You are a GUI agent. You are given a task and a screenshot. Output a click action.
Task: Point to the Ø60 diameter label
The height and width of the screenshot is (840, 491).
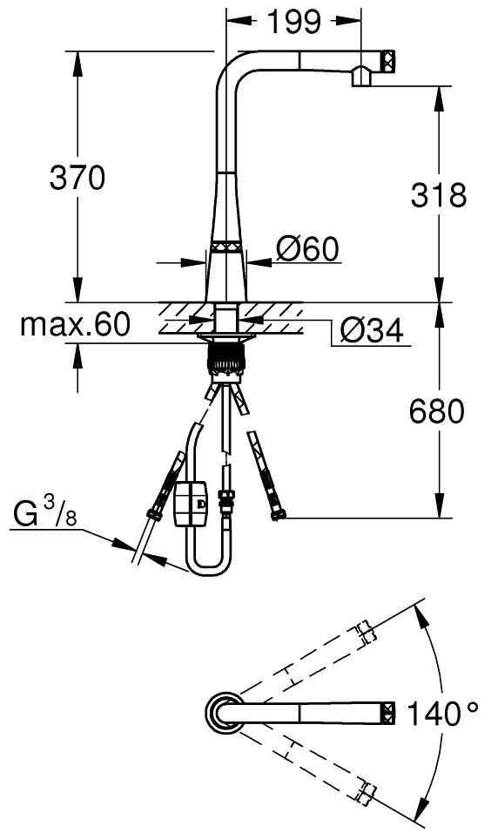pos(307,249)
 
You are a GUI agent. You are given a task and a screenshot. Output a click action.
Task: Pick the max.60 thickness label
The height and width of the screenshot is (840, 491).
pos(75,325)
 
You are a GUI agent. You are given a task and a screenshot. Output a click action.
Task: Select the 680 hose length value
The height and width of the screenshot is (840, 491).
pos(436,412)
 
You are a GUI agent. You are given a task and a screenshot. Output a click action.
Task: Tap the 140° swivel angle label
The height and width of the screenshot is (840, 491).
pos(442,714)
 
